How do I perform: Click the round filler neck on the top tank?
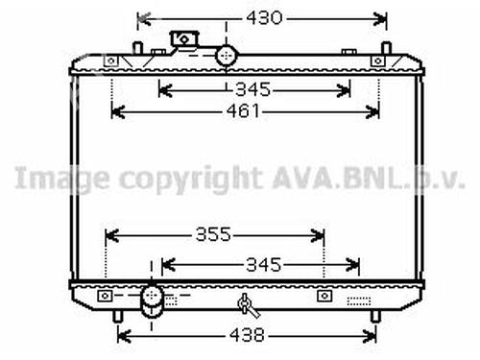[228, 55]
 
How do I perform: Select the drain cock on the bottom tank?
[247, 306]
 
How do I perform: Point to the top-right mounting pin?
[385, 48]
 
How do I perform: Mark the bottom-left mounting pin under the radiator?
[118, 314]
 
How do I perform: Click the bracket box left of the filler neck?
[181, 38]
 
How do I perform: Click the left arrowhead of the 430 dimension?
[141, 17]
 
